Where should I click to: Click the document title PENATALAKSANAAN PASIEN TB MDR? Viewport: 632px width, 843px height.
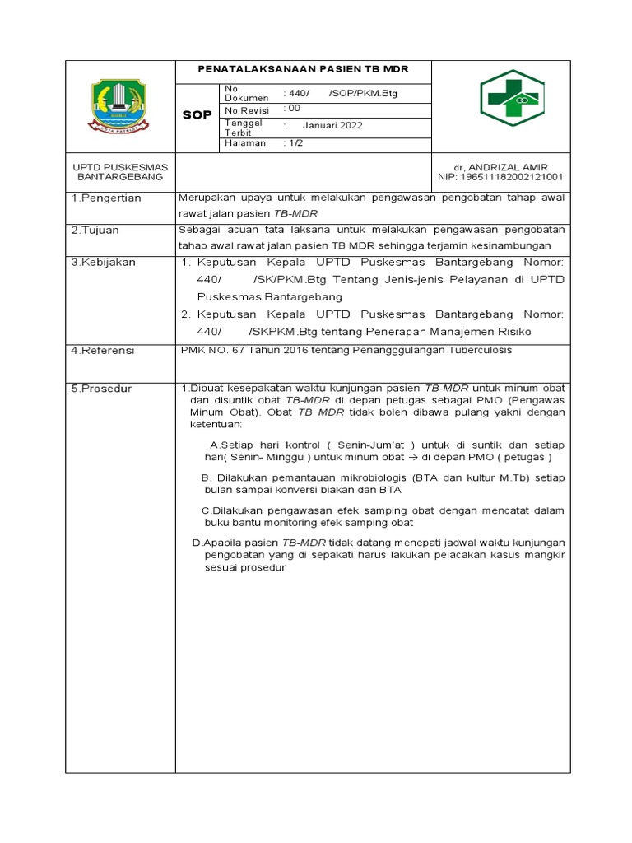(303, 69)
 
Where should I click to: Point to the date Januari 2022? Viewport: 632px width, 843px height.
(332, 126)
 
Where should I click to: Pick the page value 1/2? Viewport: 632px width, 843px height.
(293, 142)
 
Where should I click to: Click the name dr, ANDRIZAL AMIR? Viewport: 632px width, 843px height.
(506, 167)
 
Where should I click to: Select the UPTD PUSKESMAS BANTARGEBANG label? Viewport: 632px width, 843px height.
(120, 172)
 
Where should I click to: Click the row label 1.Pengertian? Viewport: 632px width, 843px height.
(106, 198)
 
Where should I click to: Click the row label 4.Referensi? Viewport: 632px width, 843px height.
(103, 350)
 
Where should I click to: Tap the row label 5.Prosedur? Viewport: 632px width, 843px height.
(102, 388)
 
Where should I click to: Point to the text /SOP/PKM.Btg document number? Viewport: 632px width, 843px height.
(363, 93)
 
